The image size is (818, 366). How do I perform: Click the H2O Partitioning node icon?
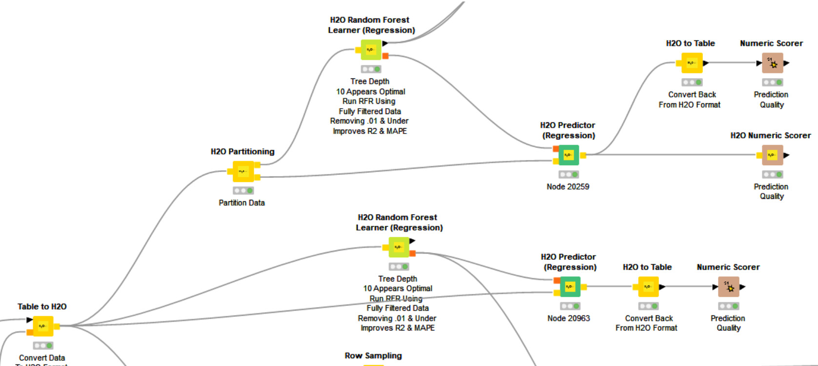pyautogui.click(x=243, y=172)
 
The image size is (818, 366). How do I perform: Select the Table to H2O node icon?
pyautogui.click(x=42, y=326)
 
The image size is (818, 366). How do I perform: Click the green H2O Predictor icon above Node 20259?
pyautogui.click(x=568, y=155)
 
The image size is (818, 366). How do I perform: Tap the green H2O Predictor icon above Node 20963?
pyautogui.click(x=570, y=287)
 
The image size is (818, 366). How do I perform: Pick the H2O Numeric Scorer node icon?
pyautogui.click(x=772, y=155)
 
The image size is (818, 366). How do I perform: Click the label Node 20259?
pyautogui.click(x=568, y=187)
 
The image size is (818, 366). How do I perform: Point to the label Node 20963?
pyautogui.click(x=568, y=318)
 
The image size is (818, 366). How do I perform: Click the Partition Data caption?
pyautogui.click(x=241, y=203)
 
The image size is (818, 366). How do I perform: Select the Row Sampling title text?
pyautogui.click(x=373, y=356)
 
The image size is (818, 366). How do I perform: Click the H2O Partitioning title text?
pyautogui.click(x=242, y=152)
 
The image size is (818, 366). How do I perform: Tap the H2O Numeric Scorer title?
pyautogui.click(x=770, y=135)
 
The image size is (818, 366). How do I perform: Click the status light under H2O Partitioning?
pyautogui.click(x=243, y=191)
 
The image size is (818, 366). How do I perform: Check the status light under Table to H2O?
pyautogui.click(x=43, y=346)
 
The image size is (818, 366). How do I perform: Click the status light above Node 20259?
pyautogui.click(x=568, y=174)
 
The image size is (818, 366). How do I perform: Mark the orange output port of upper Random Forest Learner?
pyautogui.click(x=385, y=56)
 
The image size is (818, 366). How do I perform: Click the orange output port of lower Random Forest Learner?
pyautogui.click(x=413, y=253)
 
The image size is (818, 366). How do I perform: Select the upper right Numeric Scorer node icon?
pyautogui.click(x=772, y=63)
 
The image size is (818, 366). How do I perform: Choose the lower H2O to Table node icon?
pyautogui.click(x=648, y=287)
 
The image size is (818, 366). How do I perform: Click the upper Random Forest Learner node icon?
pyautogui.click(x=371, y=50)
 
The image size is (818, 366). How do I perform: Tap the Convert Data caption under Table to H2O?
pyautogui.click(x=42, y=358)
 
